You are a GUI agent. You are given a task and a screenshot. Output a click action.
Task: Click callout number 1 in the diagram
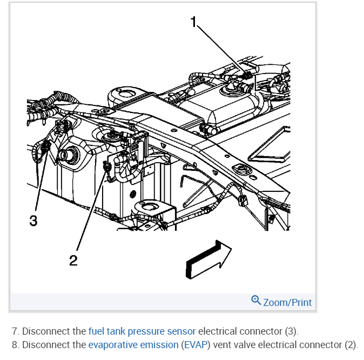point(193,22)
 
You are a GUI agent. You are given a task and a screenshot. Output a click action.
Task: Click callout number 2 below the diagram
point(73,261)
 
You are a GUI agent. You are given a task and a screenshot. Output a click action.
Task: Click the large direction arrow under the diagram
point(207,259)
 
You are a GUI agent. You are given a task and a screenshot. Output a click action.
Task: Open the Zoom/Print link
point(287,302)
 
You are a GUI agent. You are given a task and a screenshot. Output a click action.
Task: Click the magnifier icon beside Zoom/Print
point(256,301)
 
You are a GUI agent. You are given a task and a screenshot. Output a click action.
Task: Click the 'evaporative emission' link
point(133,345)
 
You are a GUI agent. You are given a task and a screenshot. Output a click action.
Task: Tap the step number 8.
point(14,345)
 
